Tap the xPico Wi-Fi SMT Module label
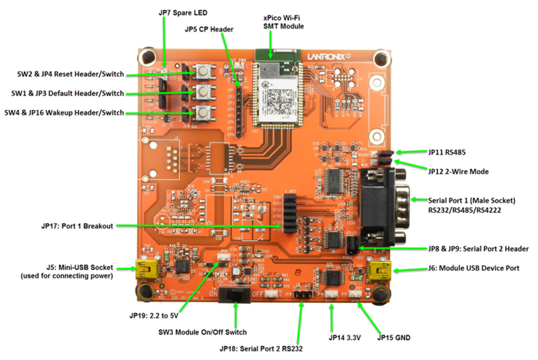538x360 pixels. coord(283,21)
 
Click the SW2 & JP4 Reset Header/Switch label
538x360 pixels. coord(70,75)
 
